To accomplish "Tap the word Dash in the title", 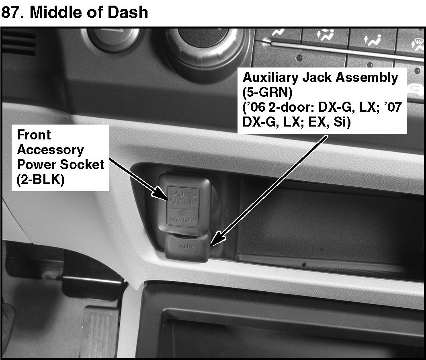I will (x=128, y=12).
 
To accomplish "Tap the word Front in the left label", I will (x=34, y=135).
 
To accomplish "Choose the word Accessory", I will (x=50, y=150).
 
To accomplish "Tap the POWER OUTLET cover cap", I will (x=183, y=201).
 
